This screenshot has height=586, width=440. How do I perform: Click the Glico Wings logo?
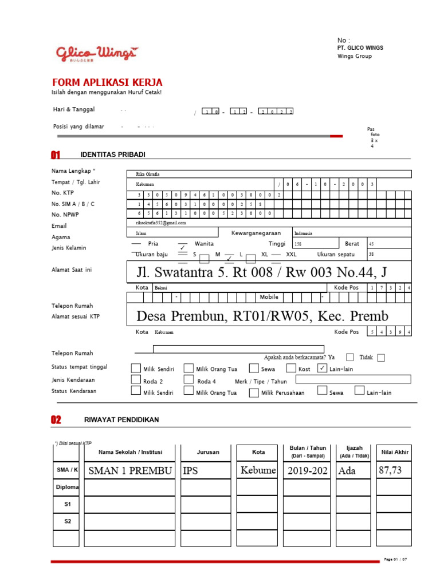click(96, 53)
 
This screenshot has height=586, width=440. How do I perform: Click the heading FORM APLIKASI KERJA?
click(107, 82)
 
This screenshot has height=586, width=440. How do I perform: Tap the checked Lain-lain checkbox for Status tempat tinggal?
click(322, 368)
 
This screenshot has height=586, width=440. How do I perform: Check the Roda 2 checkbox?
click(136, 379)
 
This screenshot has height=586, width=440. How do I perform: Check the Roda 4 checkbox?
click(188, 379)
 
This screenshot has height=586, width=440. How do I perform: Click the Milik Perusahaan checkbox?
click(254, 393)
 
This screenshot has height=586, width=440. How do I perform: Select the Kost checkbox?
click(291, 369)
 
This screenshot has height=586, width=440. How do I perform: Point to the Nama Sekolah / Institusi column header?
click(130, 452)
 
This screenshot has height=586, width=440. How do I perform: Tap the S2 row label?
click(66, 521)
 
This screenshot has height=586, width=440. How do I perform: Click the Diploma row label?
click(66, 487)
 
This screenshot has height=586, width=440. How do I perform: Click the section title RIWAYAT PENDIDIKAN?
click(121, 420)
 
